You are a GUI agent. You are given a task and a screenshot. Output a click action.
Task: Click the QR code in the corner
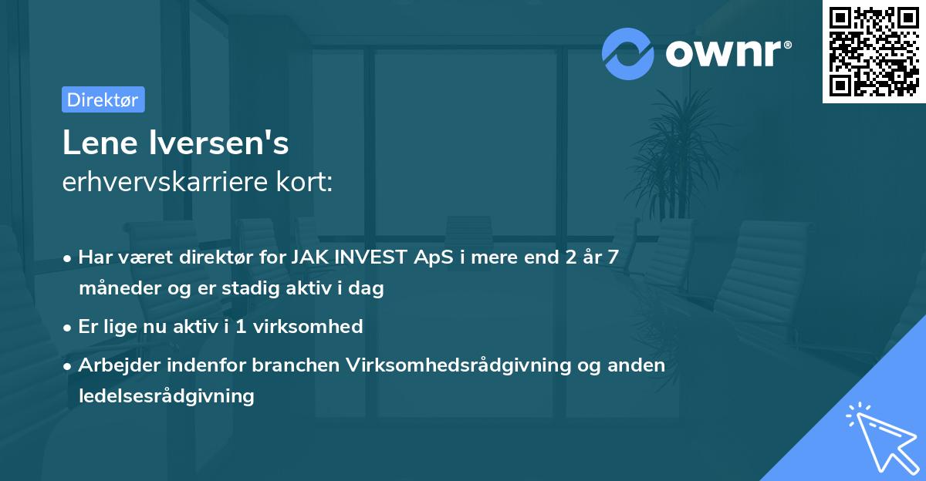tap(874, 52)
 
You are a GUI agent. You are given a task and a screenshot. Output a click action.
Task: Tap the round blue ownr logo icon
tap(627, 53)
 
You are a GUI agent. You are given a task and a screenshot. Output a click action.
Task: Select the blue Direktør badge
tap(103, 99)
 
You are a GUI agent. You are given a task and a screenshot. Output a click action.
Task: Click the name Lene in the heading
tap(96, 143)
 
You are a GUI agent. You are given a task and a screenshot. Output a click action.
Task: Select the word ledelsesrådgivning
tap(166, 396)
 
